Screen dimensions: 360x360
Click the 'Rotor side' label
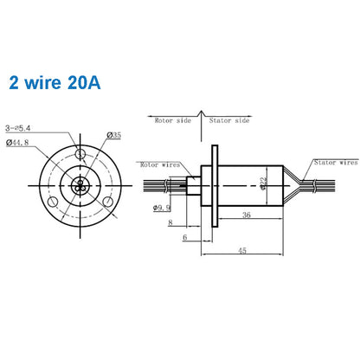pyautogui.click(x=172, y=120)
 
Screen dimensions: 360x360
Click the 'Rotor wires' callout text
pyautogui.click(x=161, y=164)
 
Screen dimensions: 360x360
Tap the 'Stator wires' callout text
pyautogui.click(x=335, y=161)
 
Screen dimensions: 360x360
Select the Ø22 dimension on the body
pyautogui.click(x=262, y=183)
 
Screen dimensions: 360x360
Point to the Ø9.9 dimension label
pyautogui.click(x=162, y=208)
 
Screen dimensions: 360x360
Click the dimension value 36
pyautogui.click(x=247, y=216)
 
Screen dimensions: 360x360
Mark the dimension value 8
pyautogui.click(x=170, y=223)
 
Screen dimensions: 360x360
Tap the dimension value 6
pyautogui.click(x=184, y=237)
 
